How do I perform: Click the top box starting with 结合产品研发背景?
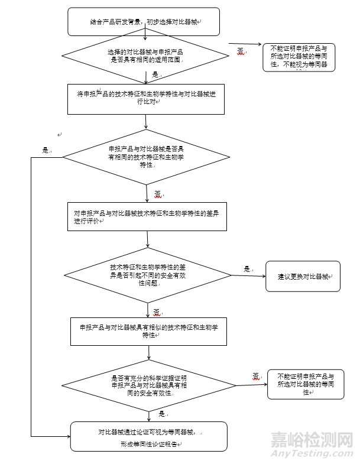point(143,21)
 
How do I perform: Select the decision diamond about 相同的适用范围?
point(145,56)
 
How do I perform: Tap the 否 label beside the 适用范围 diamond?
point(241,51)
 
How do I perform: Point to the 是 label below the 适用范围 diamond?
point(156,75)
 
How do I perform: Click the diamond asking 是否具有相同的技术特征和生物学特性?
point(146,157)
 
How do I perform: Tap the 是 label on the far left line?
point(46,150)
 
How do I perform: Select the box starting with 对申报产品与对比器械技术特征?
point(146,216)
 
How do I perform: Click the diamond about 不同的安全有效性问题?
point(148,275)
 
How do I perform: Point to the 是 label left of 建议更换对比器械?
point(247,269)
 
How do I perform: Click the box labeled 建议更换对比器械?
point(303,276)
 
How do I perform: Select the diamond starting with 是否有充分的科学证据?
point(149,385)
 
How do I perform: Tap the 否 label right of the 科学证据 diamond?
point(257,376)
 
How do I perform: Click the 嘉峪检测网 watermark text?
point(312,440)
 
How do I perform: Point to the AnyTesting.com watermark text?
point(312,453)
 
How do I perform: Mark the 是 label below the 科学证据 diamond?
point(161,414)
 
